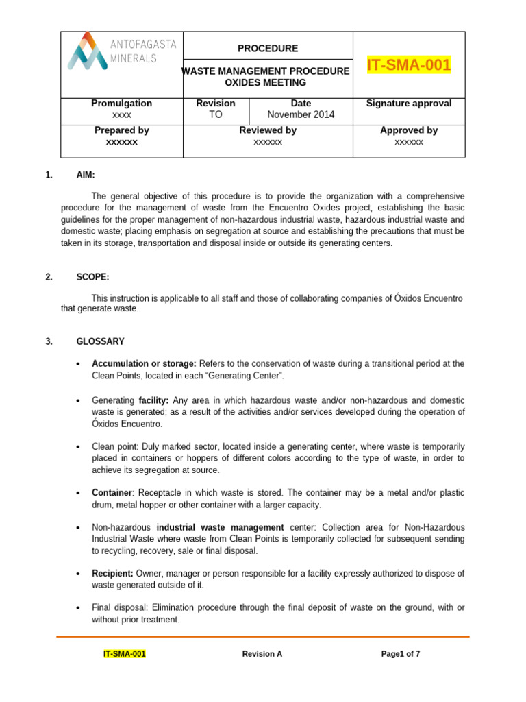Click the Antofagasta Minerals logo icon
click(x=86, y=52)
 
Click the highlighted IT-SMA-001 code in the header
click(x=409, y=65)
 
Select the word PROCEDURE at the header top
click(x=267, y=49)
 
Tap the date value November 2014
click(x=301, y=114)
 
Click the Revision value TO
click(x=215, y=114)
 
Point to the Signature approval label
click(x=409, y=104)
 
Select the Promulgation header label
click(x=121, y=104)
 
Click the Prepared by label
click(x=121, y=130)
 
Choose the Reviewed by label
click(x=267, y=130)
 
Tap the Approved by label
click(x=409, y=130)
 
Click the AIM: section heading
click(x=86, y=175)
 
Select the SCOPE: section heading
click(x=92, y=277)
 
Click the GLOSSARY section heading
click(x=100, y=341)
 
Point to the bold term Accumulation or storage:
click(x=144, y=363)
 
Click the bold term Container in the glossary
click(x=111, y=493)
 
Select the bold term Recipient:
click(x=112, y=572)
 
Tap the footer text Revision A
click(x=262, y=654)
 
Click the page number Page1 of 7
click(x=401, y=654)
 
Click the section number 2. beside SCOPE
click(x=49, y=277)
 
